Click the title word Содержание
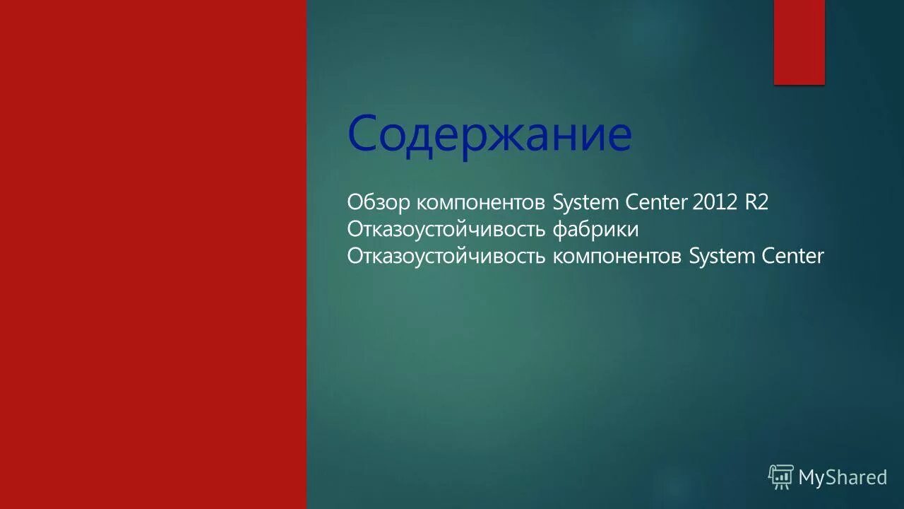point(489,134)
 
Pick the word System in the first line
point(585,204)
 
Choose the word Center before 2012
point(656,203)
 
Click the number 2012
point(715,203)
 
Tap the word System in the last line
point(722,257)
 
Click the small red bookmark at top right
point(799,42)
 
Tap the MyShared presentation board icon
point(781,477)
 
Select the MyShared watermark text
point(843,478)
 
